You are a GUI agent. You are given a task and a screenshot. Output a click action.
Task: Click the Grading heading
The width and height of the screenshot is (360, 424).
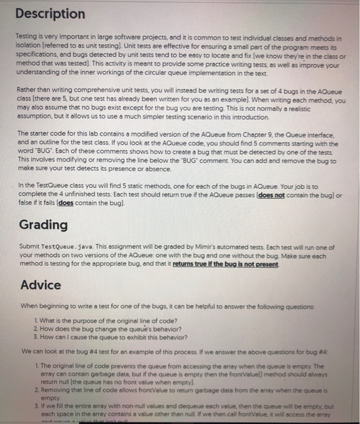coord(43,225)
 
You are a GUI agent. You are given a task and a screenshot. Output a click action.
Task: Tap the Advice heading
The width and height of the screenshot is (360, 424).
coord(41,285)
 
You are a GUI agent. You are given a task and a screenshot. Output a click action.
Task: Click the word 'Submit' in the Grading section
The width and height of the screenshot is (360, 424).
coord(31,249)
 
